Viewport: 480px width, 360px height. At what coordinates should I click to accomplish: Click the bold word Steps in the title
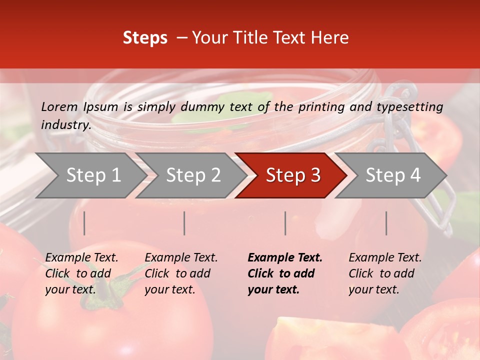click(145, 38)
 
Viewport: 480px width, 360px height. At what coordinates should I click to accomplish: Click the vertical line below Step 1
click(84, 223)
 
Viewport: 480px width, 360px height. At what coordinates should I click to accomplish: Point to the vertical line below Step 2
click(184, 223)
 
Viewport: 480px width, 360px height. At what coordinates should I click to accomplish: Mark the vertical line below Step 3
click(285, 223)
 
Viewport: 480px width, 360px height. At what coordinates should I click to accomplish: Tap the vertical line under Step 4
click(386, 223)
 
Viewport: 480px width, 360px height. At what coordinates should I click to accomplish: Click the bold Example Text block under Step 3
click(285, 273)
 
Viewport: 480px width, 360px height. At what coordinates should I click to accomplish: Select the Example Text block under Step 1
click(81, 273)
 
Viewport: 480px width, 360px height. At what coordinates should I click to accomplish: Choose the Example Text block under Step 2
click(181, 273)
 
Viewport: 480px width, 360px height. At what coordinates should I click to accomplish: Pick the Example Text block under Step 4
click(385, 273)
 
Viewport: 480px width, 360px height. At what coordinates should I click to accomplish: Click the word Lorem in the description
click(59, 106)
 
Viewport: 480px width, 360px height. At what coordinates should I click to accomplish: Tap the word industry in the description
click(66, 125)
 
